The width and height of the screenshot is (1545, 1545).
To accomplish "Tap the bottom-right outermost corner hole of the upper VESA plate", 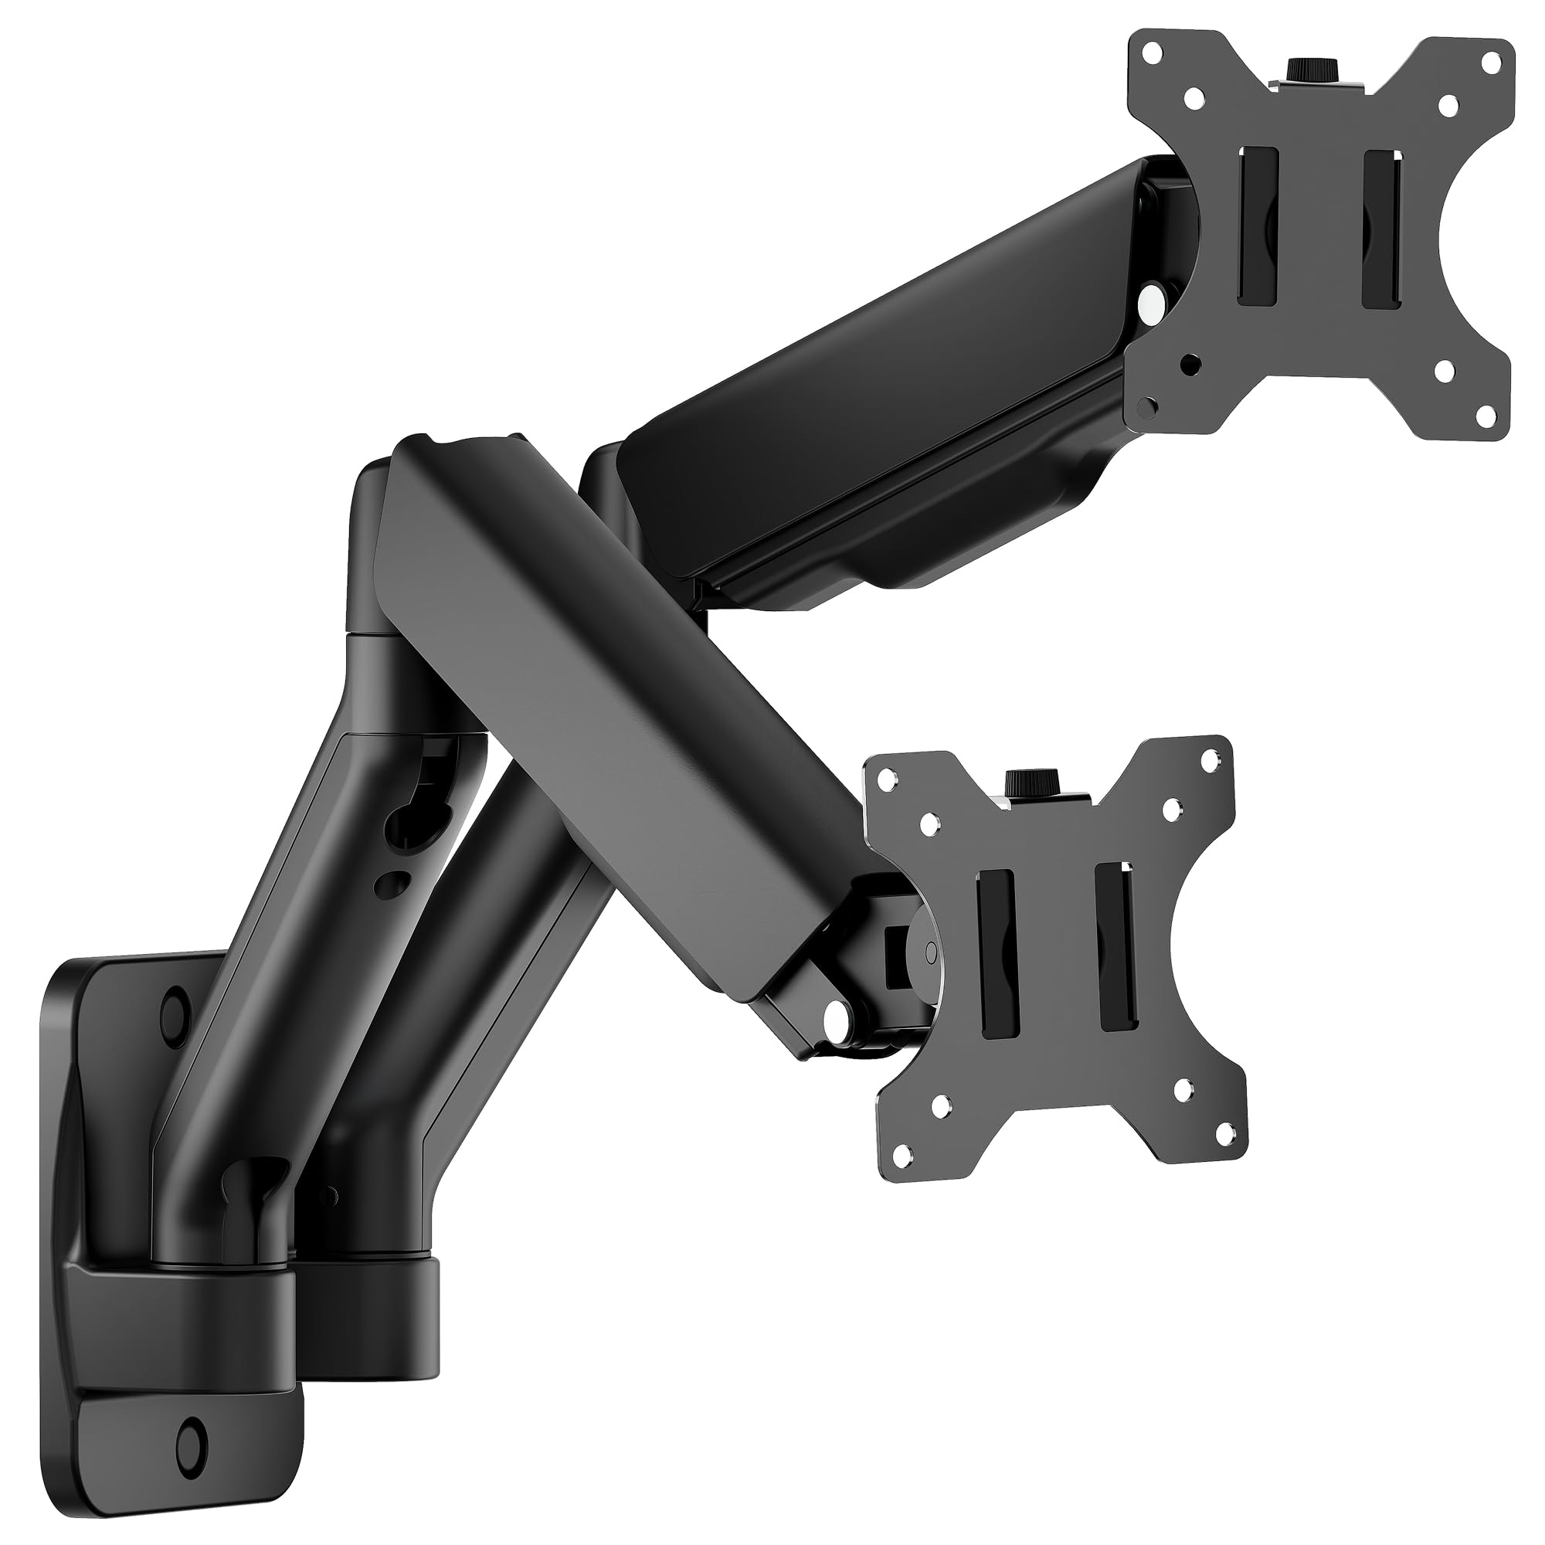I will [x=1485, y=415].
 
